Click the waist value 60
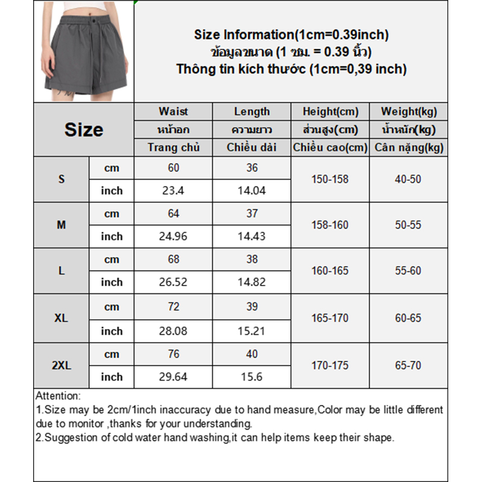[x=174, y=168]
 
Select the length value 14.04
[x=252, y=191]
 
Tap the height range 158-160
[x=330, y=225]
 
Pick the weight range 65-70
[x=408, y=365]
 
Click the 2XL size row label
[x=61, y=365]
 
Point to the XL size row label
[x=61, y=318]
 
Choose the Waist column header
[x=174, y=111]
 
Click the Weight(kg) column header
[x=408, y=111]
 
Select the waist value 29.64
[x=174, y=377]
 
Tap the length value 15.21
[x=252, y=331]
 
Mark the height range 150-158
[x=330, y=180]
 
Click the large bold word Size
[x=84, y=130]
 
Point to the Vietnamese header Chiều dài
[x=252, y=147]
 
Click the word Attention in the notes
[x=57, y=396]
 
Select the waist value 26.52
[x=174, y=282]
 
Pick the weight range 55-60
[x=408, y=271]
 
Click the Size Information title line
[x=291, y=35]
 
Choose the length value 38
[x=252, y=260]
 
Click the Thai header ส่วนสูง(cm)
[x=330, y=130]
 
